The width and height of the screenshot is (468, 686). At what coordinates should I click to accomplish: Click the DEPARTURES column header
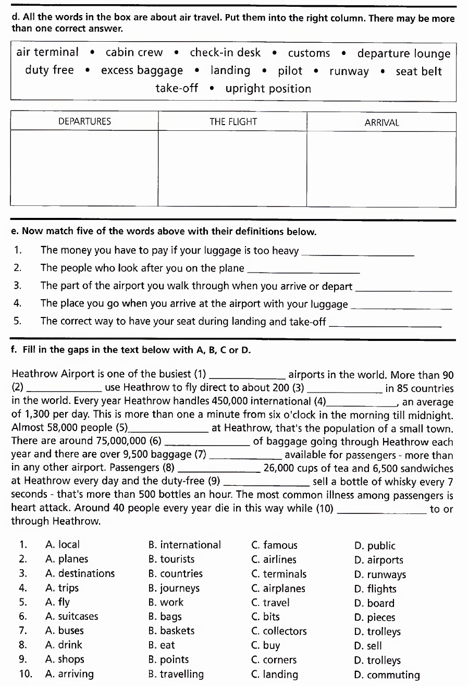coord(84,122)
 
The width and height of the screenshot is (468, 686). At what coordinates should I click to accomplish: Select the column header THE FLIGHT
coord(233,122)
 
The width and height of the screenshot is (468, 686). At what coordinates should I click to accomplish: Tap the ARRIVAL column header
coord(381,123)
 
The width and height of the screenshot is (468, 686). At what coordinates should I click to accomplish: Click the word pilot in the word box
coord(290,71)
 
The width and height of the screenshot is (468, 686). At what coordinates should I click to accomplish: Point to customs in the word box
coord(309,53)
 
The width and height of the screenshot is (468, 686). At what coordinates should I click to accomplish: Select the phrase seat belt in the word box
coord(418,71)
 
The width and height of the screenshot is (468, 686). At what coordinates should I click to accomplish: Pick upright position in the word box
coord(268,89)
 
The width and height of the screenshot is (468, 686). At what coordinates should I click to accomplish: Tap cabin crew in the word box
coord(134,53)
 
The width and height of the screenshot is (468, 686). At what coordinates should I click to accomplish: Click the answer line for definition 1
coord(358,252)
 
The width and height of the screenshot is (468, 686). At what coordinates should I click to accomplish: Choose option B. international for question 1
coord(184,545)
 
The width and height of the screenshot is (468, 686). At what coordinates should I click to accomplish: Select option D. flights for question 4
coord(375,589)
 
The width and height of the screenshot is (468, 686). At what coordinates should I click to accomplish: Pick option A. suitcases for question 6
coord(72,617)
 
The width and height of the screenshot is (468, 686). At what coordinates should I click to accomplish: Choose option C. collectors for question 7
coord(279,631)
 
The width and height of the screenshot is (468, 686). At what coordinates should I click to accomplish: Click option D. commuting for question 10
coord(387,675)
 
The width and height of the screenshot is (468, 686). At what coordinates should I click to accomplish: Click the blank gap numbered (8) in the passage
coord(219,469)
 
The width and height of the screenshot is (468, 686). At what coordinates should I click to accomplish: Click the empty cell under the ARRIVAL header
coord(381,169)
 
